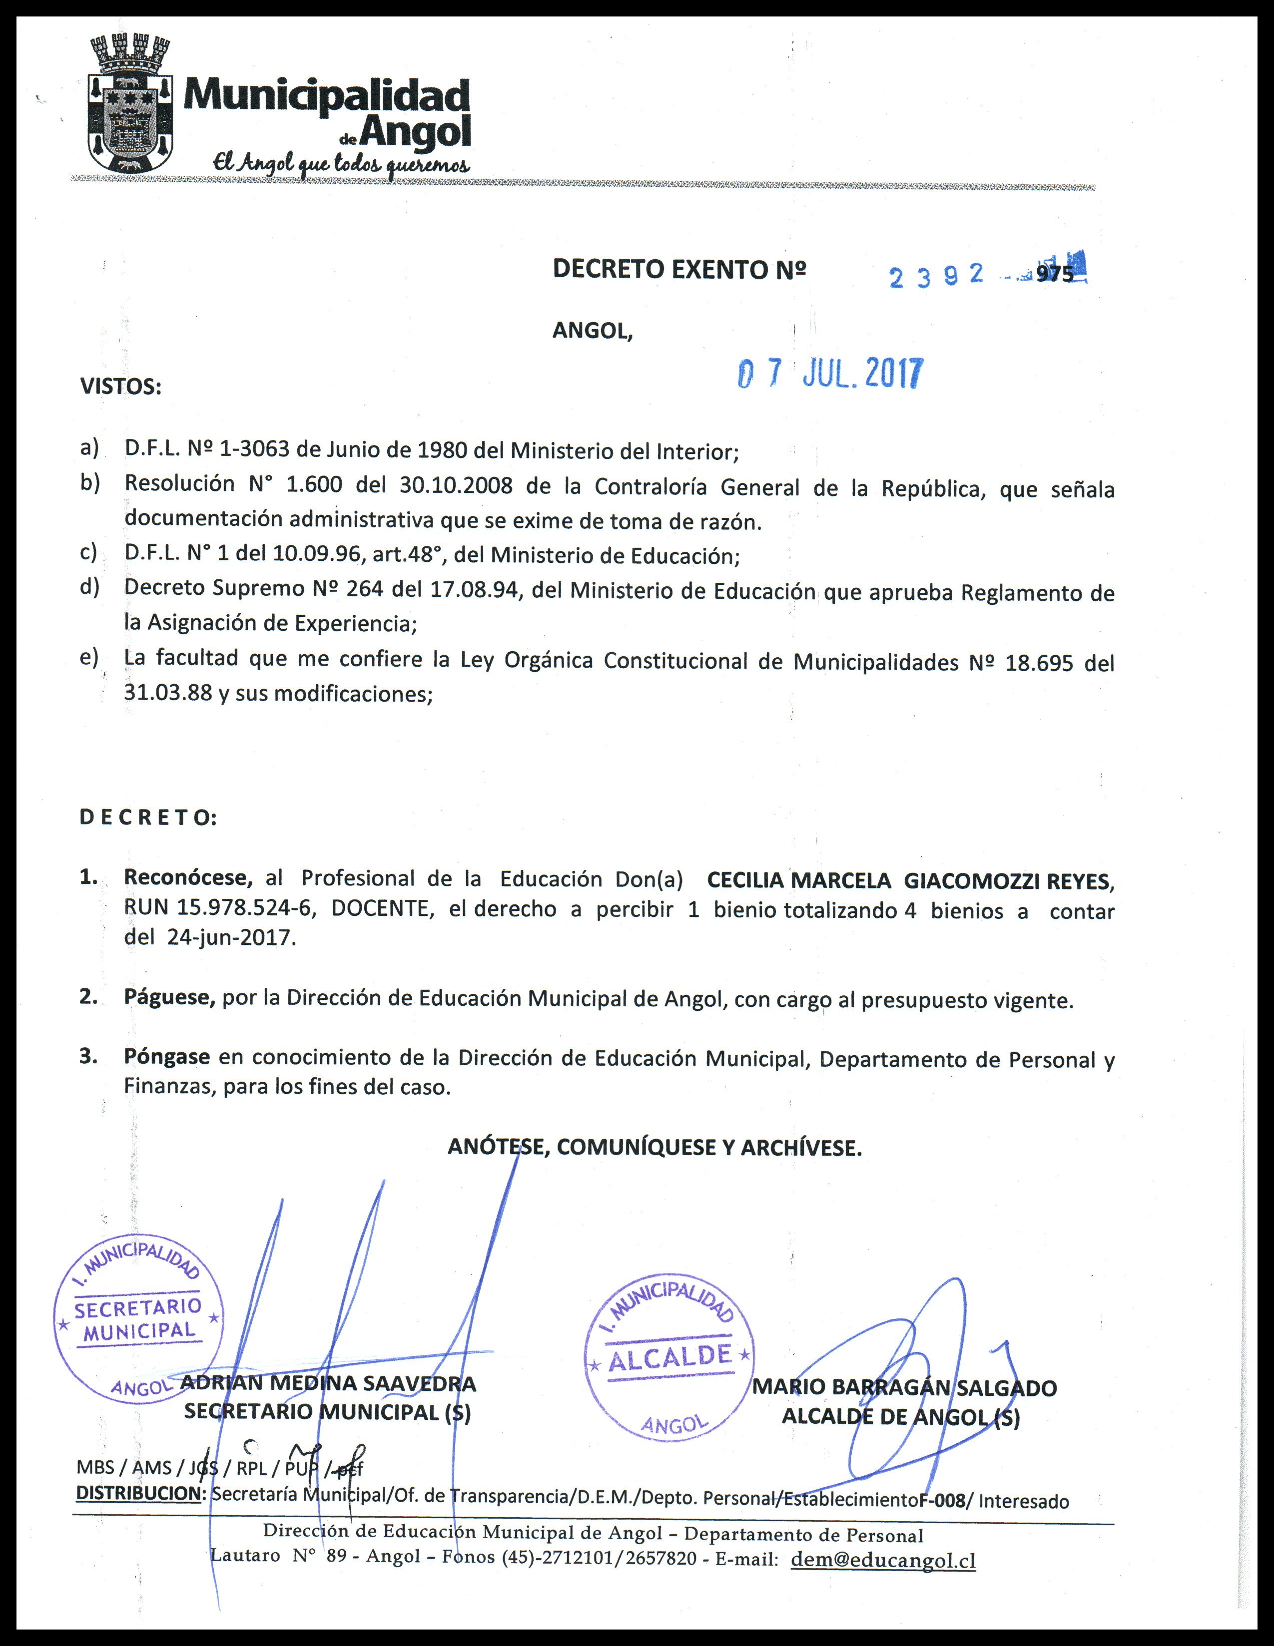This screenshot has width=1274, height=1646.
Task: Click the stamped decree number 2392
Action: (x=936, y=276)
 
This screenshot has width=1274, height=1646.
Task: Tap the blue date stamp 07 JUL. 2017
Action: (x=830, y=373)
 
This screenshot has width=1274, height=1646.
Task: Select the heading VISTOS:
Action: (x=120, y=388)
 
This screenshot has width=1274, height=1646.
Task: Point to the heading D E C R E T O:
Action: (x=148, y=818)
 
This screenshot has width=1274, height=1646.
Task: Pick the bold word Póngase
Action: (x=166, y=1057)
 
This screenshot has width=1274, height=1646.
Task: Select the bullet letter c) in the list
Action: (x=89, y=552)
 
